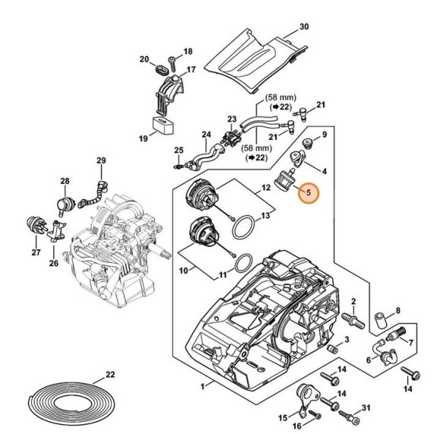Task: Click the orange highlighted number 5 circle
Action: (309, 193)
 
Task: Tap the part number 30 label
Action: (304, 27)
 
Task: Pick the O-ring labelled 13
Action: (244, 227)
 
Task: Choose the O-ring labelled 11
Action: (244, 264)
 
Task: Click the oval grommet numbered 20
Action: (162, 70)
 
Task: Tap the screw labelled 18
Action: (171, 64)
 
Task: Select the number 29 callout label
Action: (102, 161)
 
